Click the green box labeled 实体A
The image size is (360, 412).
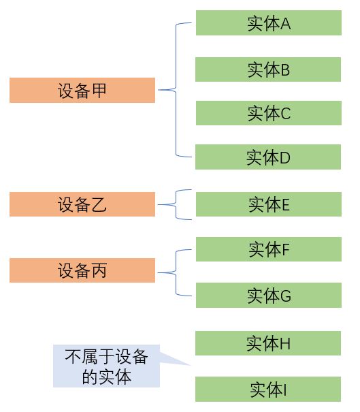[269, 23]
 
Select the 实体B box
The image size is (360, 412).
[268, 69]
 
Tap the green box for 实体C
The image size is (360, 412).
[269, 113]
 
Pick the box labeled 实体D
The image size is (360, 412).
[268, 157]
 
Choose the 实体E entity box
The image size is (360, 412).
[269, 204]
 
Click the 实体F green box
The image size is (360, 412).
[269, 249]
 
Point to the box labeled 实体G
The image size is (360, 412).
[269, 296]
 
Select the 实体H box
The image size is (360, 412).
[268, 343]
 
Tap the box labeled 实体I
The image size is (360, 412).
[268, 389]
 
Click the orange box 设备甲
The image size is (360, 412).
[82, 90]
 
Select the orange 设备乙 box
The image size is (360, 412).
[82, 204]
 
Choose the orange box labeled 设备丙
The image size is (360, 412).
[82, 270]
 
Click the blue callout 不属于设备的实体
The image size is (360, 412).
[106, 366]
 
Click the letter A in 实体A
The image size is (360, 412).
[285, 24]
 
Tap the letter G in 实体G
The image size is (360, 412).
[286, 296]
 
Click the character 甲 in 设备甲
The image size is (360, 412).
[99, 91]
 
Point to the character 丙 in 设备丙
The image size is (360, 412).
[99, 270]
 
